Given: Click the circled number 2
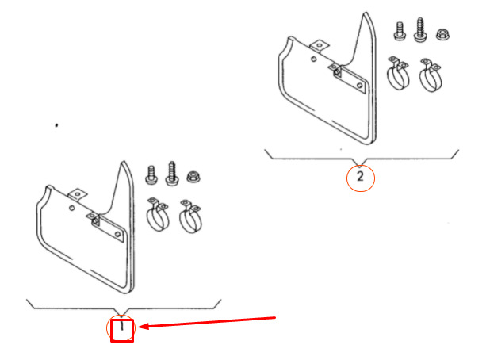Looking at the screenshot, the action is coord(360,177).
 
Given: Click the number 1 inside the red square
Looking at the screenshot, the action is coord(122,327).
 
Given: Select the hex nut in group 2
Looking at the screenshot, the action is coord(442,34).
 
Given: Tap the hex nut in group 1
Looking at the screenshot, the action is coord(193,177).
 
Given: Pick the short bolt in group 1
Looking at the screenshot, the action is coord(151,175).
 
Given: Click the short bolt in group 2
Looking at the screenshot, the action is coord(400,31).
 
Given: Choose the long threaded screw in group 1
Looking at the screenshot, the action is coord(172,174).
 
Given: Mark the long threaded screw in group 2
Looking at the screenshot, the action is coord(420,29).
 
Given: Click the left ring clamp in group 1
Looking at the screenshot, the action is coord(158,215).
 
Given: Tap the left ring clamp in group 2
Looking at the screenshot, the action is coord(398,73).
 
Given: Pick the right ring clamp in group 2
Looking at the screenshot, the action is coord(431,75).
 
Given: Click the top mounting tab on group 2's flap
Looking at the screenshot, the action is coord(319,46).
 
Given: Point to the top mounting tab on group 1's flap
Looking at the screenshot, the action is coord(77,195).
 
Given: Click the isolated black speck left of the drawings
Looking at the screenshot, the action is coord(56,125).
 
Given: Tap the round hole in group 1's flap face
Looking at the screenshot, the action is coord(72,208).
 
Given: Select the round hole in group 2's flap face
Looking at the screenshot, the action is coord(314,59).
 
